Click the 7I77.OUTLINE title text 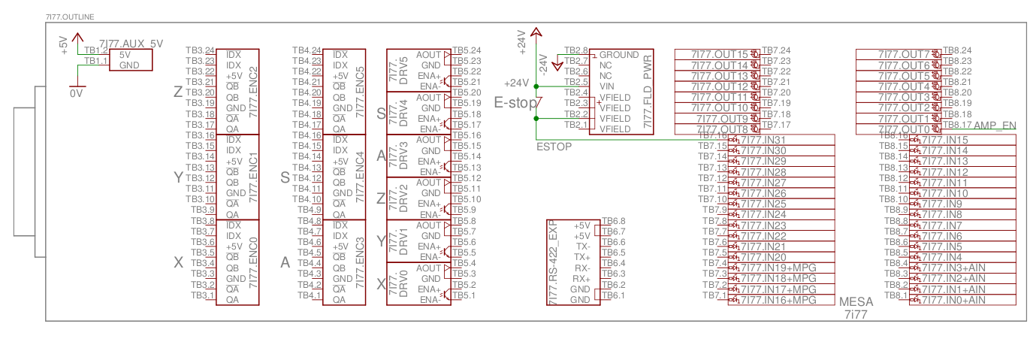[x=68, y=16]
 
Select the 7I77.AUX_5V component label [x=131, y=44]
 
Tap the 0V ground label [x=76, y=94]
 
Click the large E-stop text [x=515, y=103]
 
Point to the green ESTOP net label [x=554, y=146]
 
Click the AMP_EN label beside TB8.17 [x=995, y=125]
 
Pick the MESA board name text [x=856, y=302]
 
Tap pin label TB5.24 [x=467, y=50]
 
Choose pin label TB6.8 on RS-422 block [x=614, y=221]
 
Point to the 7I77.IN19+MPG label [x=778, y=268]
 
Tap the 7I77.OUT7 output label [x=905, y=54]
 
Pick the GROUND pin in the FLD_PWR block [x=619, y=55]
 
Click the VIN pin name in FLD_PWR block [x=608, y=86]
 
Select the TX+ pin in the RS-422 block [x=581, y=257]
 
